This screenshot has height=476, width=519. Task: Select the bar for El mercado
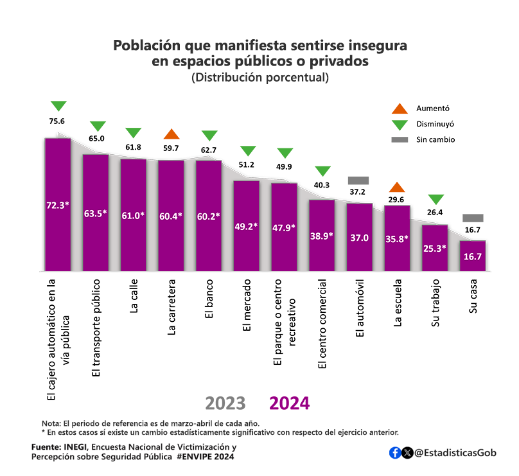[x=246, y=225]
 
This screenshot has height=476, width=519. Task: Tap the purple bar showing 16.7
[x=473, y=256]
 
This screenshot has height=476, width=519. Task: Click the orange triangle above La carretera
[x=171, y=134]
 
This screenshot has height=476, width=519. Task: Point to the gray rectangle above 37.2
[x=358, y=181]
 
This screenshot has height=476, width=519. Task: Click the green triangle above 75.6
[x=58, y=106]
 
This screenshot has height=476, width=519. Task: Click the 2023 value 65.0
[x=96, y=138]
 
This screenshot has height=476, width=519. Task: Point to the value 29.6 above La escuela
[x=397, y=200]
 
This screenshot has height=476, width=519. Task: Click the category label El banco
[x=209, y=299]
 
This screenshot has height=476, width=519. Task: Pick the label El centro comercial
[x=322, y=324]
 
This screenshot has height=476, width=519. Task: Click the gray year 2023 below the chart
[x=225, y=403]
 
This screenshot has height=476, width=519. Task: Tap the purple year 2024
[x=289, y=403]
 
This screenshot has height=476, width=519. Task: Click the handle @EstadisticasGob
[x=456, y=453]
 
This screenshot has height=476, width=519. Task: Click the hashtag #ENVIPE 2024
[x=206, y=457]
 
